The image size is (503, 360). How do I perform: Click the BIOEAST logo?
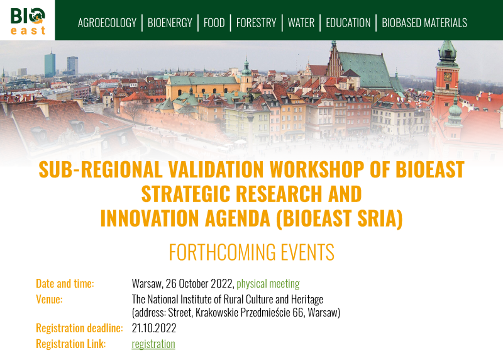[x=28, y=21]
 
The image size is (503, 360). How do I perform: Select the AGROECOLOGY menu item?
[x=107, y=23]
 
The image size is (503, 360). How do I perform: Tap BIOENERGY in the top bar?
[x=170, y=23]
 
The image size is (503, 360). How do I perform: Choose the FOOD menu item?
[x=214, y=23]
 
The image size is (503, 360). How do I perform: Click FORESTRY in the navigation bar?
[x=257, y=23]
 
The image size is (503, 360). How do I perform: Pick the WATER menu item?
[x=301, y=23]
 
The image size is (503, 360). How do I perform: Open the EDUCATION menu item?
[x=348, y=23]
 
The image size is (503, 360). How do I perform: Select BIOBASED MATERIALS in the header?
[x=424, y=23]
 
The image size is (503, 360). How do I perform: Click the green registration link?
[x=153, y=344]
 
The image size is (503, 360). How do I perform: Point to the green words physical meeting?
[x=268, y=284]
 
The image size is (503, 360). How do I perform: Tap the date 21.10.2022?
[x=154, y=328]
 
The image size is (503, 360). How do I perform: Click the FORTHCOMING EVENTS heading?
[x=251, y=252]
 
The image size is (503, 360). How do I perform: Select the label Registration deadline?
[x=80, y=328]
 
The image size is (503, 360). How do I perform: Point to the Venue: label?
[x=50, y=300]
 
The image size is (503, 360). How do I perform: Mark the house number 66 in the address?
[x=298, y=312]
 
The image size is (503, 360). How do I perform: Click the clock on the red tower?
[x=447, y=76]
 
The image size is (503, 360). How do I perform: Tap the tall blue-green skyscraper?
[x=50, y=65]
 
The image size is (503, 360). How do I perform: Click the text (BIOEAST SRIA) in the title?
[x=340, y=218]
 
